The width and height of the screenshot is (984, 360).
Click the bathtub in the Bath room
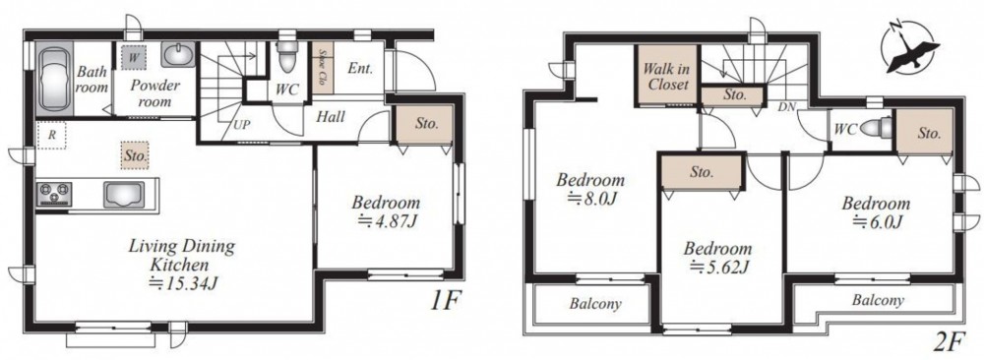coord(54,79)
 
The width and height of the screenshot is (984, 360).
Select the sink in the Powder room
coord(177,54)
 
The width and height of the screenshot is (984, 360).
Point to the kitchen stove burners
coord(54,193)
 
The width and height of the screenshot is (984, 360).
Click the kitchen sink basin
coord(124,194)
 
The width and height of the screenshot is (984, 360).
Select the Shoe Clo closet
coord(323,68)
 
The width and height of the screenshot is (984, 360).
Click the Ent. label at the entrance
coord(360,69)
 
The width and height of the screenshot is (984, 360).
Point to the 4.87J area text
coord(386,220)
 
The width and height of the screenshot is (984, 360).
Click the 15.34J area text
coord(182,282)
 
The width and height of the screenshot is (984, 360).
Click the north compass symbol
coord(909,49)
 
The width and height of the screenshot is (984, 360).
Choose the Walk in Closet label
coord(666,77)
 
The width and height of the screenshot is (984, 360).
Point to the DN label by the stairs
coord(786,107)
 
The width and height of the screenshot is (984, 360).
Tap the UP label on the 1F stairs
coord(242,124)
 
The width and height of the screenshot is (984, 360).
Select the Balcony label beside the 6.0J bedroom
coord(878,300)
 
